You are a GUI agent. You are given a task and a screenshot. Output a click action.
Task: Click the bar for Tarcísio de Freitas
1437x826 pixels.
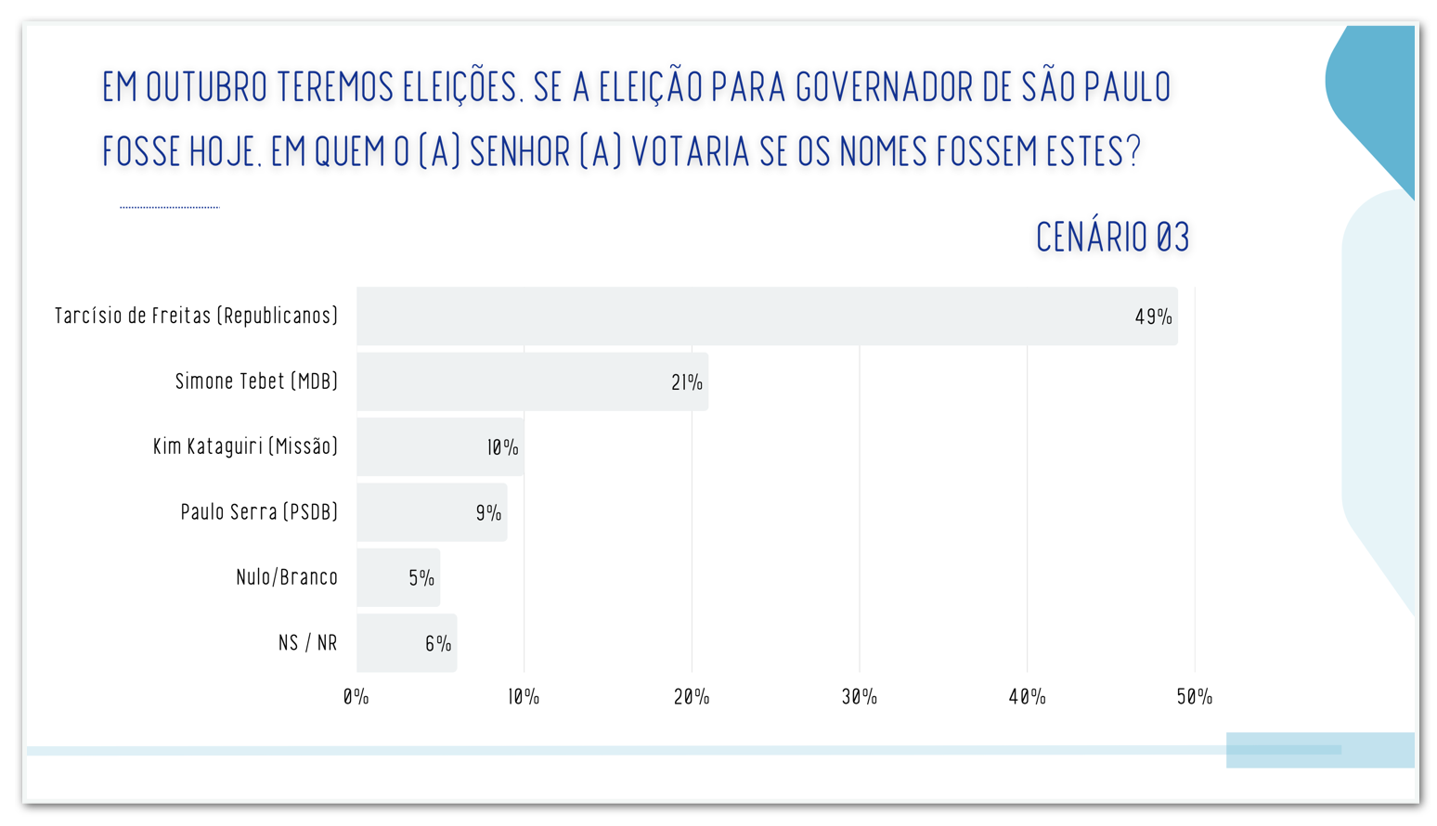(767, 316)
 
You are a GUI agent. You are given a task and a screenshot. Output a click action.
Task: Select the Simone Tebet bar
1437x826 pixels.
(532, 381)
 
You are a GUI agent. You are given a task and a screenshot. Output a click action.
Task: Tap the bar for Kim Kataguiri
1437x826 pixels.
(440, 446)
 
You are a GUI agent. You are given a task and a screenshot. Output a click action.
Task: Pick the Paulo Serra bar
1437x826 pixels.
(432, 512)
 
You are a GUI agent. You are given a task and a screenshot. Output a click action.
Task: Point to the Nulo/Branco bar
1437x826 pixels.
(398, 577)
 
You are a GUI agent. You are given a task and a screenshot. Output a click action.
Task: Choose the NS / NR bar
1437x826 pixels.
(407, 643)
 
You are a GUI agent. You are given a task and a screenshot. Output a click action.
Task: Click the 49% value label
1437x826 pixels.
(1153, 317)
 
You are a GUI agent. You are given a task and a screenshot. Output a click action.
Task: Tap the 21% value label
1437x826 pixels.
(687, 382)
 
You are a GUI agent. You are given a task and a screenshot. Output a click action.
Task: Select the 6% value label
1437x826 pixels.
(438, 644)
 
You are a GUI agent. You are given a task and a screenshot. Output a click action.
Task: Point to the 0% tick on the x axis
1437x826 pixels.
(356, 697)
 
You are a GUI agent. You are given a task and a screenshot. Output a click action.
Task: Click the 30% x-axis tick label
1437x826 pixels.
(860, 697)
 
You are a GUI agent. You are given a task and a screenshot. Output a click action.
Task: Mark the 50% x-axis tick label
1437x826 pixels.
(1195, 697)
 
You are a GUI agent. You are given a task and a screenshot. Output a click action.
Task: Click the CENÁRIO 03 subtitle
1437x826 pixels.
(1112, 238)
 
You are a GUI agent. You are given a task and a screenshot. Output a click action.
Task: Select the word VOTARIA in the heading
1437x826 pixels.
(691, 152)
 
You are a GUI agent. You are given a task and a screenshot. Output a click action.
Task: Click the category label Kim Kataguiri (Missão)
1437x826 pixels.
(245, 446)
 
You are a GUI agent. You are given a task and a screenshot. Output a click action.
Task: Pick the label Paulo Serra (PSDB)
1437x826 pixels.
(259, 512)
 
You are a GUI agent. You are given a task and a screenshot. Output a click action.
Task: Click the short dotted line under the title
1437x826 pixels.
(170, 207)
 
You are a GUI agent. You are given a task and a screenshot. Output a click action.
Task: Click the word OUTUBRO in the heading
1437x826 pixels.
(206, 87)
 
